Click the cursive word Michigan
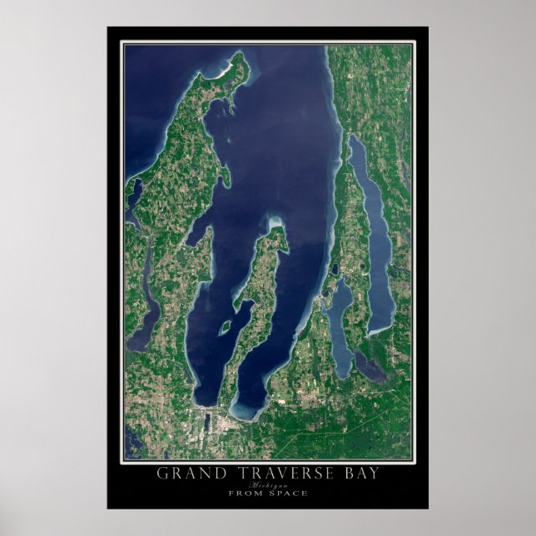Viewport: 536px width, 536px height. tap(268, 484)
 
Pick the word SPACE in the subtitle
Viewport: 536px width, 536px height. tap(288, 493)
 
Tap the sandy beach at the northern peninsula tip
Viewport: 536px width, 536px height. tap(223, 72)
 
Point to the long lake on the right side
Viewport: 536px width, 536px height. tap(372, 233)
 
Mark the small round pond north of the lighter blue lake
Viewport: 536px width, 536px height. tap(335, 270)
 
